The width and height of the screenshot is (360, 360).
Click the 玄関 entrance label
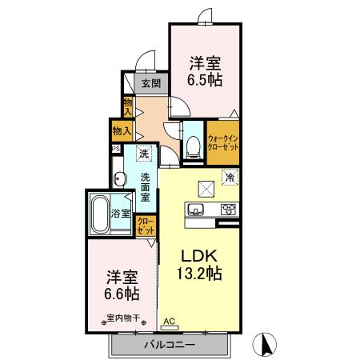151,83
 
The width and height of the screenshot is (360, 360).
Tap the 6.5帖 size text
205,80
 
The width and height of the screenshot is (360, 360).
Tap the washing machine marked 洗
143,153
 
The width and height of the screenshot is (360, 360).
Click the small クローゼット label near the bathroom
146,225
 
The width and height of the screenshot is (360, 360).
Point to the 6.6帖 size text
122,293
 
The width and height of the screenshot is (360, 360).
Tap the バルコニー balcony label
170,345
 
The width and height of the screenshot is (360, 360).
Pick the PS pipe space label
116,149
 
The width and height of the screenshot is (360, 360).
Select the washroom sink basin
119,179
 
